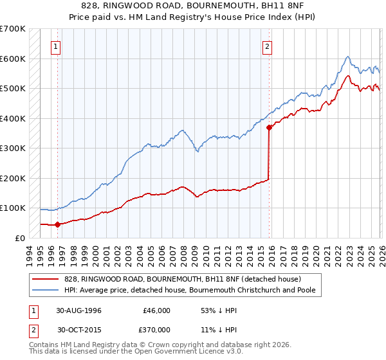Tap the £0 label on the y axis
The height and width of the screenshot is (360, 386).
pos(19,238)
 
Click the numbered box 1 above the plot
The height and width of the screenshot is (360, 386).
pos(57,46)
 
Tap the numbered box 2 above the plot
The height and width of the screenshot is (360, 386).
pos(266,46)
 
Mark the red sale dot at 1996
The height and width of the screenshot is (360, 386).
pos(58,224)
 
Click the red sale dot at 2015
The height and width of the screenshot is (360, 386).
pos(269,127)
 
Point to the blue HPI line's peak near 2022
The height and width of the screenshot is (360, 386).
pos(347,57)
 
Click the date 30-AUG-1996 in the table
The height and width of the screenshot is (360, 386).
pos(79,310)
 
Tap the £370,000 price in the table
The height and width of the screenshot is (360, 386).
pos(156,328)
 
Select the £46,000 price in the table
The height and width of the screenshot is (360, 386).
pos(156,310)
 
